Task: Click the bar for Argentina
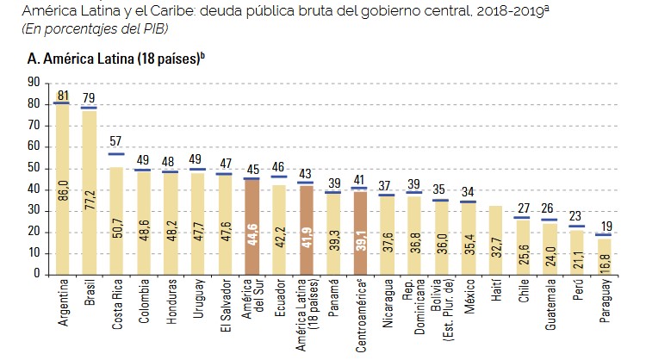click(x=61, y=189)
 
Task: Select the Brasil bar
click(x=89, y=191)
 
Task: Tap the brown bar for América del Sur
click(x=251, y=227)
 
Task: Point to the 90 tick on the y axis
click(x=34, y=82)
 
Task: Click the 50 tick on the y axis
click(x=34, y=167)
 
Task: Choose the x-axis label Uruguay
click(x=197, y=302)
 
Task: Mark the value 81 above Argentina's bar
click(x=61, y=96)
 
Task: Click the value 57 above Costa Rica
click(x=115, y=142)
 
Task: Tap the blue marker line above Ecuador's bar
click(x=278, y=177)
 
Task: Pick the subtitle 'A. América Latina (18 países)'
click(x=117, y=59)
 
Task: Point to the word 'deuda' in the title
click(x=227, y=11)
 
